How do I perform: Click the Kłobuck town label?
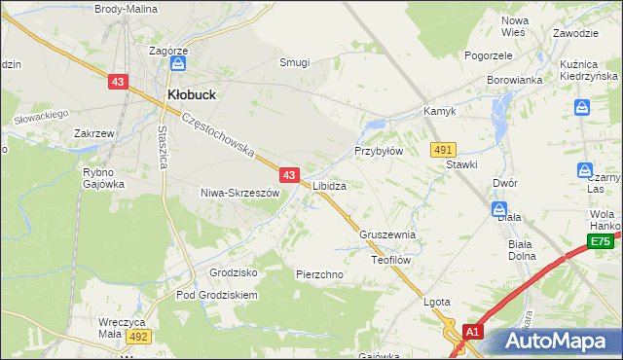[x=192, y=94]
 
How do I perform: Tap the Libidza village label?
[x=330, y=184]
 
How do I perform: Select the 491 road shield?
[x=444, y=149]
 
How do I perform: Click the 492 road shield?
[x=137, y=337]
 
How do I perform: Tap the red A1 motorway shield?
[x=472, y=332]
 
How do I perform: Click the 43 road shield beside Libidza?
[x=289, y=175]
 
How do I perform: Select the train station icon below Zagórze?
[x=178, y=64]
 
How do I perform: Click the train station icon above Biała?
[x=498, y=209]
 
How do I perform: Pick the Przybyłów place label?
[x=378, y=152]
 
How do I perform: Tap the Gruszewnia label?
[x=387, y=235]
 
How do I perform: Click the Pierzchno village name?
[x=319, y=275]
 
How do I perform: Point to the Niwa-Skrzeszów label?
[x=239, y=193]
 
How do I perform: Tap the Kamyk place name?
[x=439, y=112]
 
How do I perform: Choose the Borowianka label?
[x=514, y=80]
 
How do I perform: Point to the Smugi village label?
[x=294, y=62]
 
